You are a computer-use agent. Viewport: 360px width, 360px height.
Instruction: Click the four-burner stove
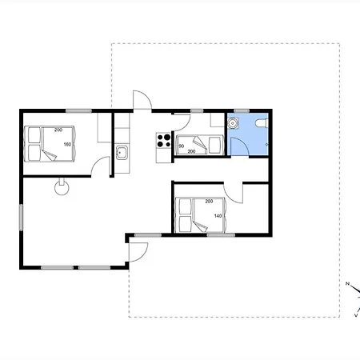click(x=163, y=141)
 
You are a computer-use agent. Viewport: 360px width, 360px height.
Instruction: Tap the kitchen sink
click(x=122, y=153)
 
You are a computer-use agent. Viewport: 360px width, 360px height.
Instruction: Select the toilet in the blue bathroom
click(x=262, y=122)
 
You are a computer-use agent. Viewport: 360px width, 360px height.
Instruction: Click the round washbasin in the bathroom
click(x=233, y=123)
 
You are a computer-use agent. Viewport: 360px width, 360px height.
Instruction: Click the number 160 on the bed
click(x=67, y=144)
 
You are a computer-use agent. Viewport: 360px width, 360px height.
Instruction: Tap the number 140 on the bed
click(x=218, y=216)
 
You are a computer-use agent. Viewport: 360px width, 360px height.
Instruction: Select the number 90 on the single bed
click(x=182, y=146)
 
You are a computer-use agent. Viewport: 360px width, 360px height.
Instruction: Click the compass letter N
click(x=347, y=283)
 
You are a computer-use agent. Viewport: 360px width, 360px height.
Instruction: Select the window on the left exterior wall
click(x=21, y=218)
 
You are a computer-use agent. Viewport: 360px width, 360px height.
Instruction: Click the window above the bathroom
click(x=242, y=110)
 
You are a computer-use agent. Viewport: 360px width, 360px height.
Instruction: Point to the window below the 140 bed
click(x=221, y=235)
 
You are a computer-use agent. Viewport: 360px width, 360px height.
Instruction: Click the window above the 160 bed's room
click(x=78, y=110)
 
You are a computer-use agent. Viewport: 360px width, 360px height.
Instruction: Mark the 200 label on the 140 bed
click(x=209, y=201)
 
